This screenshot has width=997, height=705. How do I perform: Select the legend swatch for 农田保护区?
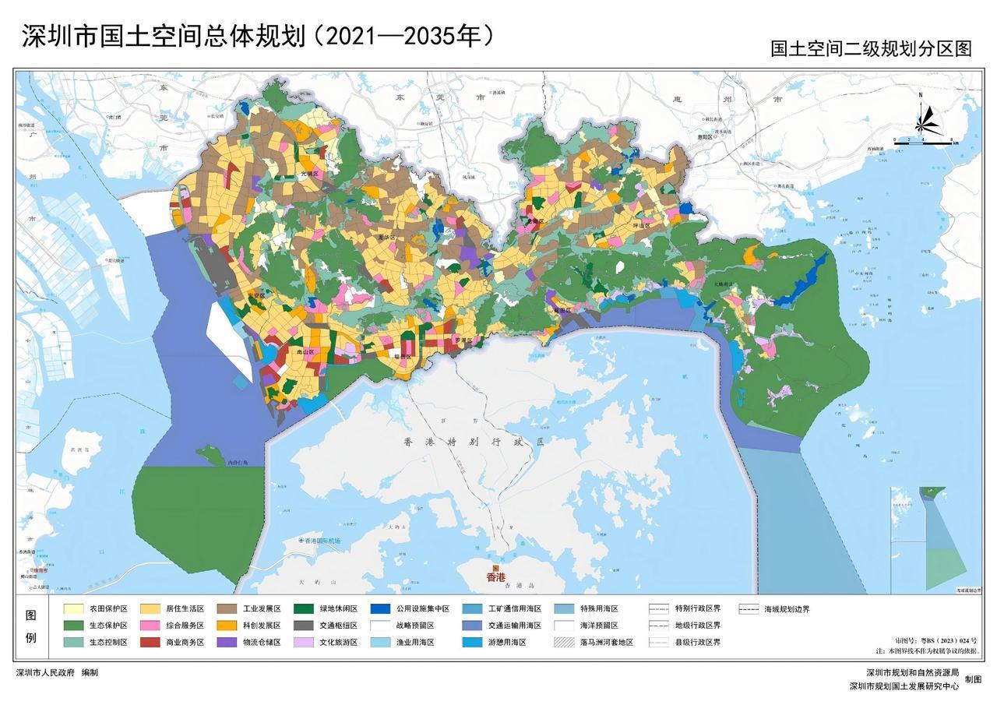point(74,608)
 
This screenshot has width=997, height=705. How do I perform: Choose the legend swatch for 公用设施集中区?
point(381,608)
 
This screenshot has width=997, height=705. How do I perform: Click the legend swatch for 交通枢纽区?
point(305,626)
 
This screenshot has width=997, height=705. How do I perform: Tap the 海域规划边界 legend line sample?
point(749,608)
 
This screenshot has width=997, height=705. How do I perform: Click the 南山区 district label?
point(294,352)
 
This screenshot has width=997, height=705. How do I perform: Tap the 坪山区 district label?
point(639,225)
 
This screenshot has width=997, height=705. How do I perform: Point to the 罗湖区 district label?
point(463,340)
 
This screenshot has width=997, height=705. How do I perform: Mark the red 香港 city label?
point(495,577)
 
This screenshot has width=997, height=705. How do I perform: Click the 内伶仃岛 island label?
point(237,462)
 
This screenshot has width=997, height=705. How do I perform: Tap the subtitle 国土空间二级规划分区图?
point(871,48)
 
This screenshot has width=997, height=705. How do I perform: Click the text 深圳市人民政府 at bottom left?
point(45,672)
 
